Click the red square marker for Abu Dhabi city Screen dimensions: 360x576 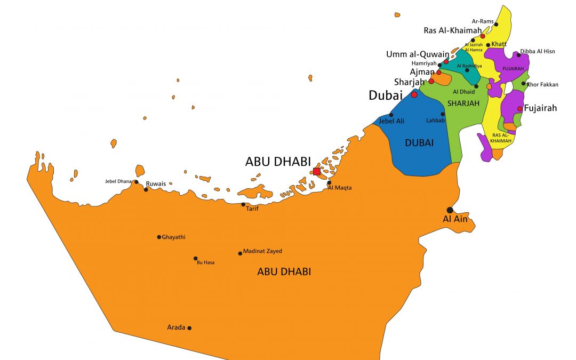317,172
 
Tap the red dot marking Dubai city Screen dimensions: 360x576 414,95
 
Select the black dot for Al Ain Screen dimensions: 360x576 450,210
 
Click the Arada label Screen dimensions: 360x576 175,327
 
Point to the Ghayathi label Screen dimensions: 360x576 174,237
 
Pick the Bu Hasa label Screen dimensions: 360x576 205,263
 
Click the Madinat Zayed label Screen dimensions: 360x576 262,251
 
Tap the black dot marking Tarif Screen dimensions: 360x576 243,204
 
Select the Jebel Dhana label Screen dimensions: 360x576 118,182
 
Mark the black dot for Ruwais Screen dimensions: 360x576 146,189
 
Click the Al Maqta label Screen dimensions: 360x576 340,188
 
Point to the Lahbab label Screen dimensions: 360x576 435,121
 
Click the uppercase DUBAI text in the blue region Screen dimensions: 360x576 419,143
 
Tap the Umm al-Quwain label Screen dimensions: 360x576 418,54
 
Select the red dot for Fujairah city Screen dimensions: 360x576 520,109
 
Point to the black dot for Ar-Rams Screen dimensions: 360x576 496,25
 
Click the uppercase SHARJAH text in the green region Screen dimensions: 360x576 463,103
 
